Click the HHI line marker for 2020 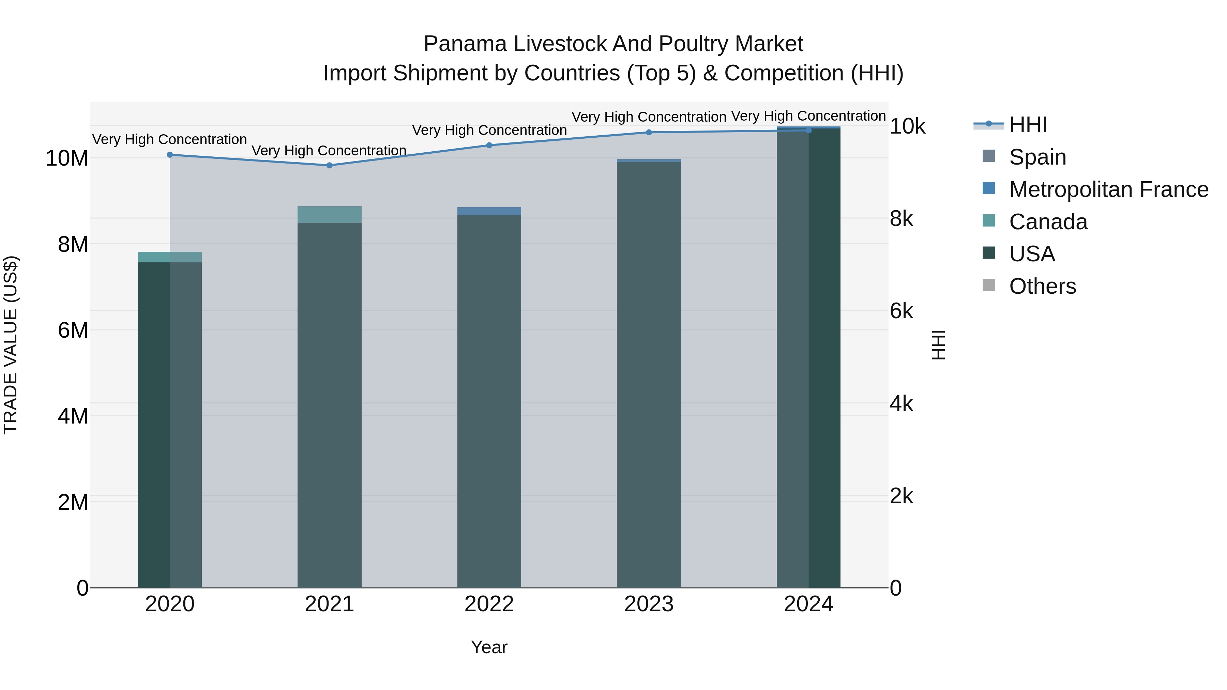click(170, 155)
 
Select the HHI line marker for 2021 click(329, 165)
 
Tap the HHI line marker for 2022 click(489, 145)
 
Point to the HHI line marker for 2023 click(649, 133)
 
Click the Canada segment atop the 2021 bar click(329, 214)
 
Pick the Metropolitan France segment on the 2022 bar click(489, 211)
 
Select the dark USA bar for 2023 click(649, 376)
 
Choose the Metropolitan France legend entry click(1108, 189)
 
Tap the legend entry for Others click(1042, 286)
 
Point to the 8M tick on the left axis click(73, 244)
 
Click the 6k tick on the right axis click(901, 311)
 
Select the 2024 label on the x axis click(808, 604)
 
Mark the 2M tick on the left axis click(73, 502)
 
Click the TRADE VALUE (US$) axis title click(11, 345)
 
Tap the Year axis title click(489, 647)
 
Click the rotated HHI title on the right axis click(938, 345)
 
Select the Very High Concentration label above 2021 click(329, 151)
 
